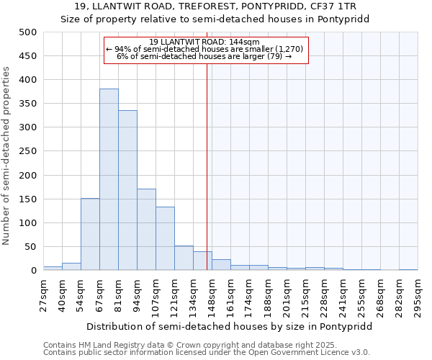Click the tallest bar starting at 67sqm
[109, 180]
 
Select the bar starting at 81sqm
[127, 191]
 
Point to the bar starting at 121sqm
[184, 258]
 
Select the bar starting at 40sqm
[71, 267]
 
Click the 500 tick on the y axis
[28, 32]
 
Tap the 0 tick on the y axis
[33, 271]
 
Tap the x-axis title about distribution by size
[230, 326]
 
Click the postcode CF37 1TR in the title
[343, 6]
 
